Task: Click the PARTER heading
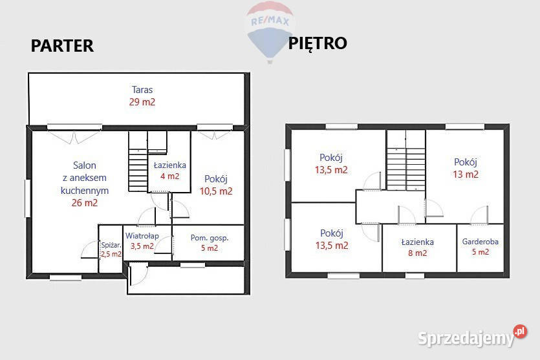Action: pos(62,46)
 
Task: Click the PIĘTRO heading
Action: pos(318,44)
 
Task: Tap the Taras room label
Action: pos(142,90)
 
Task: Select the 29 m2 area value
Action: pos(142,102)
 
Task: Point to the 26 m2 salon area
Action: pos(85,203)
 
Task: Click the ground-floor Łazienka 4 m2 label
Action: pos(170,171)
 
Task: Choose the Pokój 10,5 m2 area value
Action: pos(216,191)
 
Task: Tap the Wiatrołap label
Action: pos(142,236)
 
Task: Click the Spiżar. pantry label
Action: pos(111,246)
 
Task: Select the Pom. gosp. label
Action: pos(210,238)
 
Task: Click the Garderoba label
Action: pos(481,242)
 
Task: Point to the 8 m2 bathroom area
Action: pos(418,253)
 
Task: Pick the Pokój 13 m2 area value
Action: pos(466,175)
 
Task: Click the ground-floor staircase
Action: pos(138,161)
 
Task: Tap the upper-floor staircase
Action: pos(406,160)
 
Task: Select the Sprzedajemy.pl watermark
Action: pos(473,337)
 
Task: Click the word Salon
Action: pos(85,165)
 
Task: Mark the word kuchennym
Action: pos(85,191)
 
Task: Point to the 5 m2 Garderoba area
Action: pos(481,252)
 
